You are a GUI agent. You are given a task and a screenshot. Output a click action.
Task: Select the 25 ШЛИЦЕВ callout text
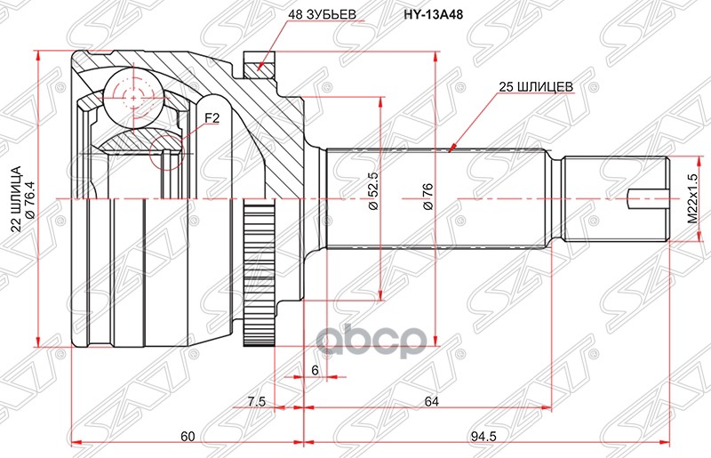pos(535,87)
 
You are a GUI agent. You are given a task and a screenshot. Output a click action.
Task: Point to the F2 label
pos(212,116)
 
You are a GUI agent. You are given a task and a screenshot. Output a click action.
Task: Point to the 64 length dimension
pos(431,402)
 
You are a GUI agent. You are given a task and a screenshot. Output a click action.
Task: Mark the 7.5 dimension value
pos(256,402)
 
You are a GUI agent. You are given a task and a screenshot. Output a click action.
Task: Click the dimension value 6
pos(314,368)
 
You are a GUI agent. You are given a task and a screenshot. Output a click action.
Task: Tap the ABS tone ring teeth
pos(257,275)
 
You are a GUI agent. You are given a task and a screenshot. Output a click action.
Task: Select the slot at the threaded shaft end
pos(647,197)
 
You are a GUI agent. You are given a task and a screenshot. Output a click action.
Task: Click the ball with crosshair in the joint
pos(130,94)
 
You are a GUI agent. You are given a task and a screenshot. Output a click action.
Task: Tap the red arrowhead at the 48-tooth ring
pos(259,63)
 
